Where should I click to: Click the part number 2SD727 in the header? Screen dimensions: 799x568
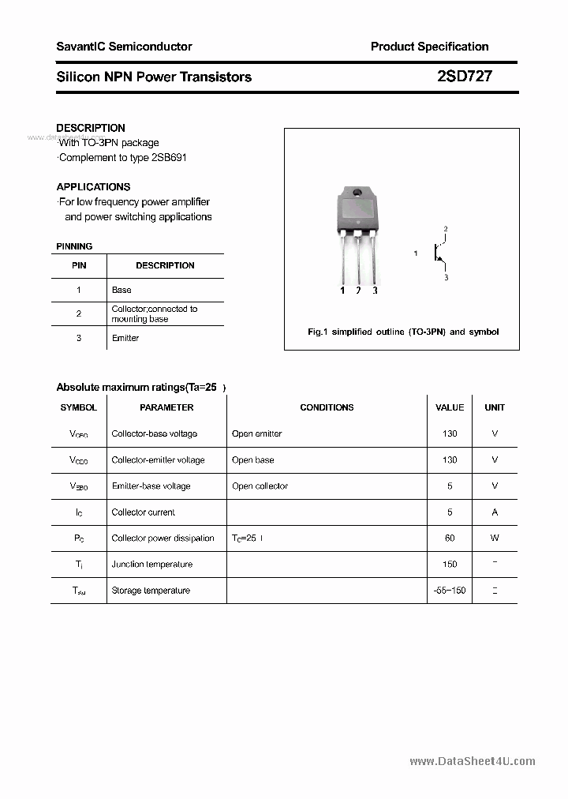click(464, 77)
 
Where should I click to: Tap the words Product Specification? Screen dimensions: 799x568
click(429, 47)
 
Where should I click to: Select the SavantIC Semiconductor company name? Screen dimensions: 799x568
click(124, 47)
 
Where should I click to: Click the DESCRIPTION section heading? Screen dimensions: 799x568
click(91, 128)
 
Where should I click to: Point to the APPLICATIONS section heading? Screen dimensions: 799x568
click(93, 187)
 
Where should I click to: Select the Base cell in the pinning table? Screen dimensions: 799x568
click(121, 290)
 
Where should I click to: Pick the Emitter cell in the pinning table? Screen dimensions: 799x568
click(125, 338)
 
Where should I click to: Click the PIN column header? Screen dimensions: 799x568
click(79, 265)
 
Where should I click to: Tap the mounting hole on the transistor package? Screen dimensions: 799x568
click(357, 194)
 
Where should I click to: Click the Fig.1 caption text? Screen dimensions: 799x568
click(402, 332)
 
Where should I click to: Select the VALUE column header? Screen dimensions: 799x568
click(450, 407)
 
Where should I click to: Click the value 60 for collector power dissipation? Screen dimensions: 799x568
click(450, 538)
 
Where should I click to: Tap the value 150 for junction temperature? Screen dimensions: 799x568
click(450, 564)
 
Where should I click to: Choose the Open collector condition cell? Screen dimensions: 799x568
click(260, 486)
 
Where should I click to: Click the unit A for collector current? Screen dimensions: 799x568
click(495, 512)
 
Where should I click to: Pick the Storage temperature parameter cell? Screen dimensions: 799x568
click(151, 590)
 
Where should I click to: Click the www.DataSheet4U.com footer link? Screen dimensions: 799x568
click(473, 761)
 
